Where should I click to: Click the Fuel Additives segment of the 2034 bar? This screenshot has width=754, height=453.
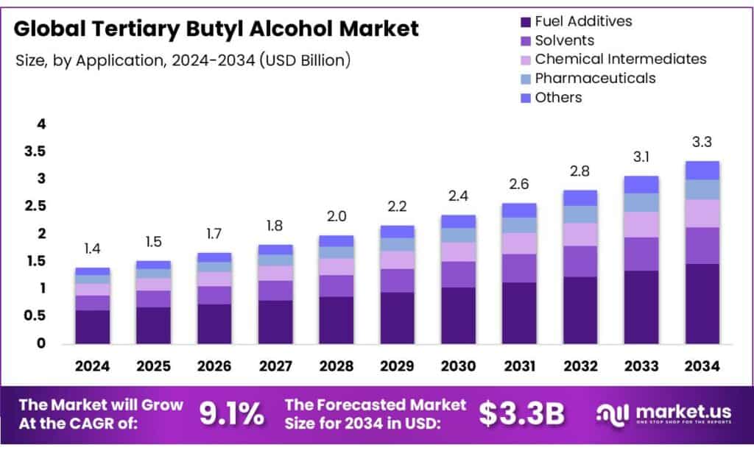(x=702, y=303)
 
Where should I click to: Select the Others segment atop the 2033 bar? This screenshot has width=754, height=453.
(x=641, y=185)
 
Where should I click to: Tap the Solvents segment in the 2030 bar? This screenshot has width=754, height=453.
(x=458, y=274)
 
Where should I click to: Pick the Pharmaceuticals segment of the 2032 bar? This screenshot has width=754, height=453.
(x=579, y=214)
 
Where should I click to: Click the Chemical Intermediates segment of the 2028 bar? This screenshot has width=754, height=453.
(x=336, y=266)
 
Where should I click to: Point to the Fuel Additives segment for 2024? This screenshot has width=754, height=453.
(x=92, y=327)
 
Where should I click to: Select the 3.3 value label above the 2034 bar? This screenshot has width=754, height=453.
(x=702, y=142)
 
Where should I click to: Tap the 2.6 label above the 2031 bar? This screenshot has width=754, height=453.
(x=519, y=184)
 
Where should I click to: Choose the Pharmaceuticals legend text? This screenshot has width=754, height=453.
(x=595, y=78)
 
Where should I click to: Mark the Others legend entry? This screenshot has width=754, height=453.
(x=558, y=97)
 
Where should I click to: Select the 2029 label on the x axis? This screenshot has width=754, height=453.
(x=397, y=365)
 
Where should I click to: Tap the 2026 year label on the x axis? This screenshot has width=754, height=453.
(x=214, y=365)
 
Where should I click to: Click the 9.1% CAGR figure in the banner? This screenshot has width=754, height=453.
(x=232, y=414)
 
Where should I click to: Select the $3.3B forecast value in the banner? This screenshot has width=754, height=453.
(x=521, y=414)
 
